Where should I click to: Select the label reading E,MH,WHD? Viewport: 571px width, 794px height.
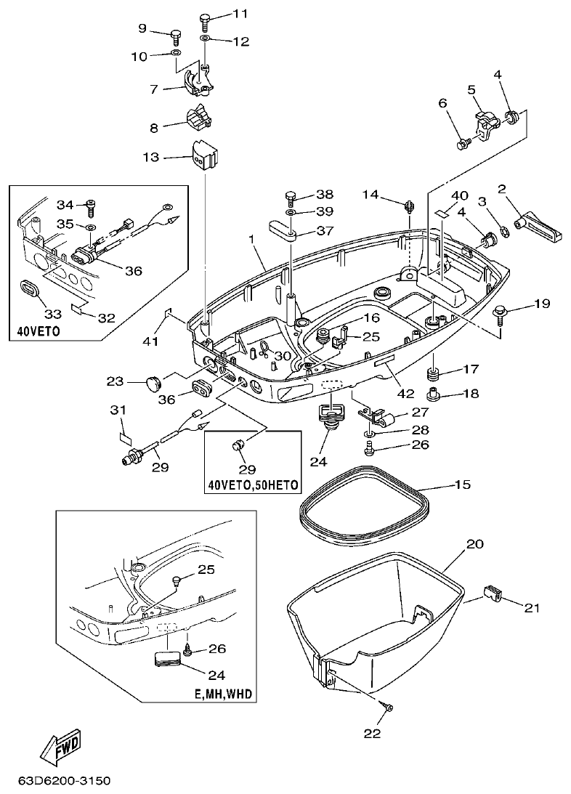click(223, 694)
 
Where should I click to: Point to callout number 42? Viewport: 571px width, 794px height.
click(405, 393)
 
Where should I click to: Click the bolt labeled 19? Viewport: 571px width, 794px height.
click(501, 311)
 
